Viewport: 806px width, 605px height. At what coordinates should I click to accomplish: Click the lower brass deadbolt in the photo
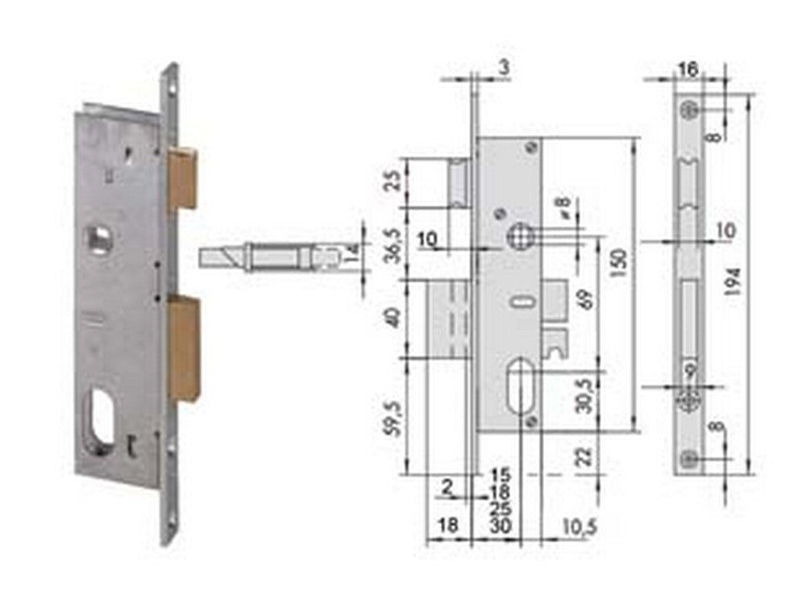[x=184, y=348]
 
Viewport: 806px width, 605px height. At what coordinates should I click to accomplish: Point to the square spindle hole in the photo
[x=100, y=238]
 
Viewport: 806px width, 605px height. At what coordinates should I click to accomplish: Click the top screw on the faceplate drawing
[x=687, y=110]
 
